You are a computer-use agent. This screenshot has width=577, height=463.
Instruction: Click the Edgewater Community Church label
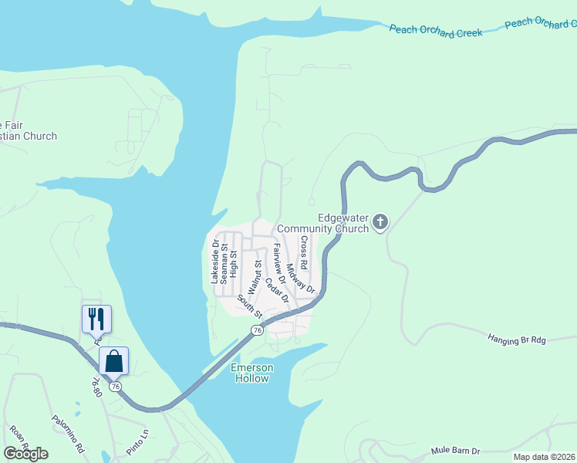coord(322,224)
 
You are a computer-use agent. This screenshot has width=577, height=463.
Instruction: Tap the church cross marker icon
coord(380,223)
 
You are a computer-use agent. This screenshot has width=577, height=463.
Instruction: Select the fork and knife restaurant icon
coord(96,318)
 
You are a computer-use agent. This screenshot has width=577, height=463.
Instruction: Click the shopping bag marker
coord(113,360)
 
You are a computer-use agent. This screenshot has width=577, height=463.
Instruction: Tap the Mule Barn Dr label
coord(455,451)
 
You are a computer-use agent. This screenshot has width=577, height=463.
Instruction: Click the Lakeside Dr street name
coord(215,261)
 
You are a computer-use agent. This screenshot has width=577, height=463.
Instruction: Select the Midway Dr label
coord(300,279)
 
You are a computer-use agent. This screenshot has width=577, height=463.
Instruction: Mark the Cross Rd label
coord(305,252)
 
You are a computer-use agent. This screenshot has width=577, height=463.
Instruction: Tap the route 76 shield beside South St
coord(257,330)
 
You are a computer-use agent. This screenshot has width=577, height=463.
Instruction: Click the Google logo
coord(25,454)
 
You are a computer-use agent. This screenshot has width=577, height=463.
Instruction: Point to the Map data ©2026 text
coord(543,457)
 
